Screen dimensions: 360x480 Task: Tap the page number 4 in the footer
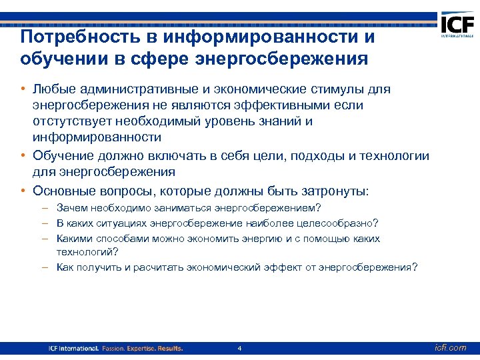point(239,349)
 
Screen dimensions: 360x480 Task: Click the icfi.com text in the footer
point(450,348)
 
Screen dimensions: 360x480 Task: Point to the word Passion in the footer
point(116,349)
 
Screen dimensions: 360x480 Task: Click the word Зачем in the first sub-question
point(71,208)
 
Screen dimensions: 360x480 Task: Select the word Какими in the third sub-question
point(75,238)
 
